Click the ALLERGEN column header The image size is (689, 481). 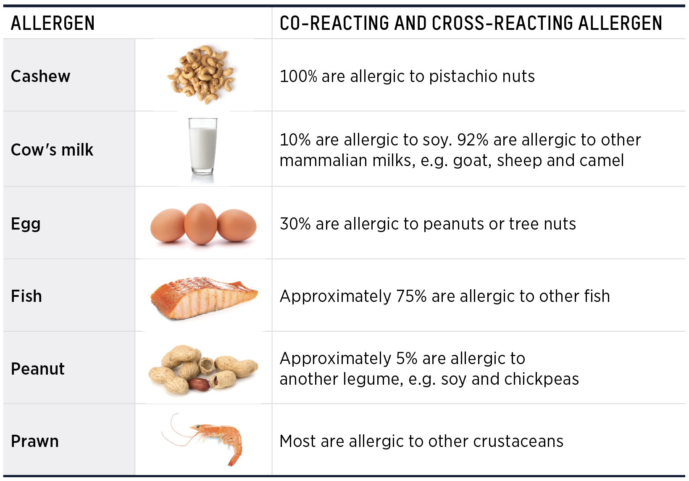point(53,23)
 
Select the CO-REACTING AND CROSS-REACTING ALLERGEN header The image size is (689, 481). point(471,23)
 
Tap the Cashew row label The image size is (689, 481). point(40,76)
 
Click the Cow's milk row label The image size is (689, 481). point(52,150)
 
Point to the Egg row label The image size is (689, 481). point(26,224)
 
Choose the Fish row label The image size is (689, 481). point(26,296)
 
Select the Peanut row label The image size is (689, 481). point(38,369)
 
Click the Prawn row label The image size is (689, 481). point(35,441)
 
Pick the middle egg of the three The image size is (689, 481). point(201,224)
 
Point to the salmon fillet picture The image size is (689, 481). point(203,298)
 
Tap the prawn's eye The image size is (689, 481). point(196,427)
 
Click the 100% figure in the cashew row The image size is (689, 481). point(298,77)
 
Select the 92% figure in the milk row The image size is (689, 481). point(473,140)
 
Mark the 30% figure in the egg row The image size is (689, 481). point(295,224)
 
